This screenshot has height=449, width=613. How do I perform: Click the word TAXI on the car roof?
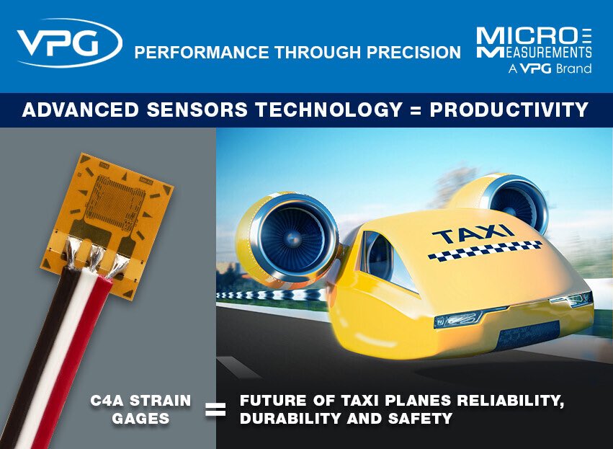click(473, 235)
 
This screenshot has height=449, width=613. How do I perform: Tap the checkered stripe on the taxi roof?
click(484, 250)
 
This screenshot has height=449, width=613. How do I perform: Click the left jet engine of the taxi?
click(288, 237)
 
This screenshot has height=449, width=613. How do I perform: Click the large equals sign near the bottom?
click(215, 411)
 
